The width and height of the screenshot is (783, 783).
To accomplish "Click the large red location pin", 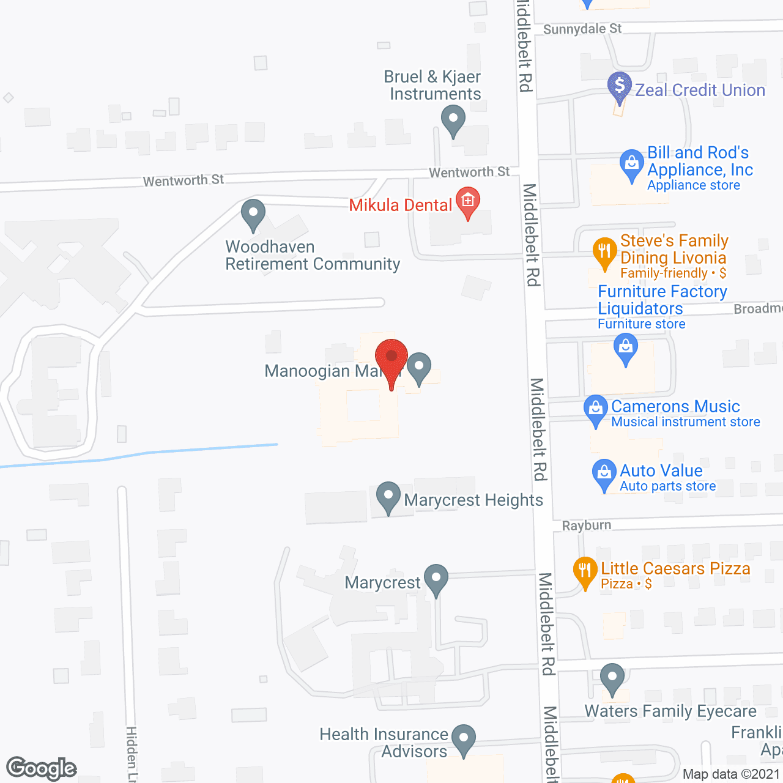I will [391, 358].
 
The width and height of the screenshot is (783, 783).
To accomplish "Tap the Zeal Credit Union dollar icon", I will [619, 85].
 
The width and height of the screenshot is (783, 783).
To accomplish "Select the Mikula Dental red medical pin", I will [468, 201].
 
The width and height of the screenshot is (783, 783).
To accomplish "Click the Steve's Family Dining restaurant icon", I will [604, 251].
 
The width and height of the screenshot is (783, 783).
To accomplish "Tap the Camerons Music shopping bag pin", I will [595, 410].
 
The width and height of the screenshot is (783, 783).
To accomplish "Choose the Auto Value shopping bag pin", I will [604, 473].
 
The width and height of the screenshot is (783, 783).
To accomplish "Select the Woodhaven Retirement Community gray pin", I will [253, 213].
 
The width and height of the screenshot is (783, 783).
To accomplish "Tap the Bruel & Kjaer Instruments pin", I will [453, 119].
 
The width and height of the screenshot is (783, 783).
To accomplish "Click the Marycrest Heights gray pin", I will [388, 496].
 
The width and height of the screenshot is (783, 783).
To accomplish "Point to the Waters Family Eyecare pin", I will [612, 678].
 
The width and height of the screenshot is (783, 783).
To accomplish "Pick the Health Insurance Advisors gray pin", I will [464, 738].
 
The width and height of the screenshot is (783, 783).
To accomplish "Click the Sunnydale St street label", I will [582, 29].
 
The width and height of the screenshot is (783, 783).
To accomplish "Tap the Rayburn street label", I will [586, 525].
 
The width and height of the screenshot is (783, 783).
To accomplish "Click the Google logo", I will [42, 768].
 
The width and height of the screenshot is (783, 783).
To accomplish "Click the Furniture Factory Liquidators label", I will [662, 300].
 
